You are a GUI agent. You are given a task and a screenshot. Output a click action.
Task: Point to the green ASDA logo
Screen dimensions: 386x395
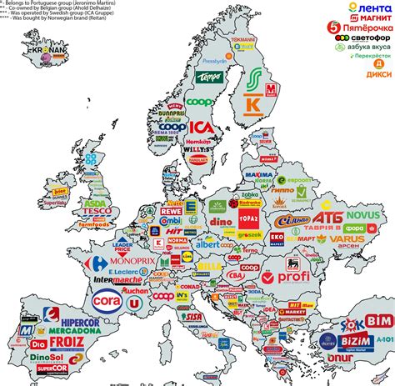tap(95, 202)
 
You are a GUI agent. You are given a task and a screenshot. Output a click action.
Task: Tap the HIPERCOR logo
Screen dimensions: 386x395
tap(64, 317)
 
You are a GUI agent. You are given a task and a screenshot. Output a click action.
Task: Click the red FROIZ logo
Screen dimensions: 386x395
tap(65, 341)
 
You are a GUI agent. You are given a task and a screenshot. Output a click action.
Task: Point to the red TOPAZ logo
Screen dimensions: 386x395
tap(250, 218)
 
